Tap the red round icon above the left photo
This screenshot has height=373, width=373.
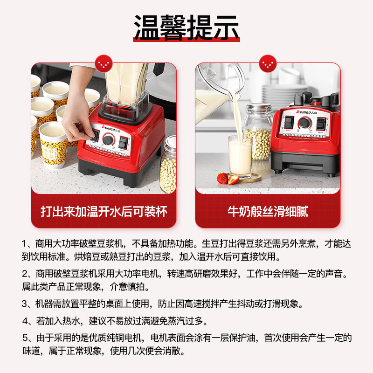tap(104, 63)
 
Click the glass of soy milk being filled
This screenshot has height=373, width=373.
tap(240, 157)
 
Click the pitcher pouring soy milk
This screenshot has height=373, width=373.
tap(214, 86)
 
